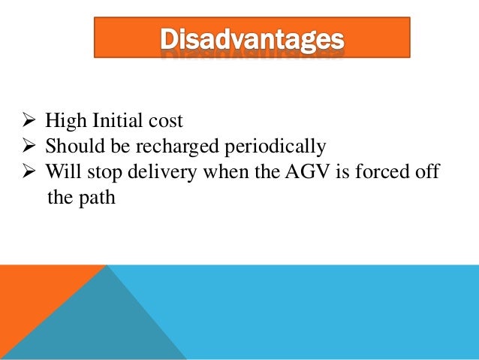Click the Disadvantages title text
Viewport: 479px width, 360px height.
point(252,38)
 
